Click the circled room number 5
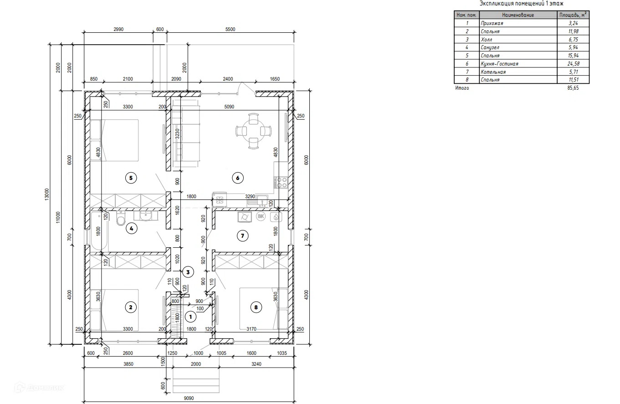coord(131,178)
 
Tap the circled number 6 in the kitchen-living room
coord(237,178)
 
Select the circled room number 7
coord(242,236)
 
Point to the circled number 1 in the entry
coord(190,317)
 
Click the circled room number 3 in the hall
coord(188,272)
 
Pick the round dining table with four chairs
coord(253,131)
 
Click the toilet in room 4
coord(121,218)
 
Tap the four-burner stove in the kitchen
coord(281,182)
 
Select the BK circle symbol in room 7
coord(261,216)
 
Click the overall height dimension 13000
coord(47,194)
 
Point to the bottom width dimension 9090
coord(189,398)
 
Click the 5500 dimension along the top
coord(231,29)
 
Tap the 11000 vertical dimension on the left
coord(58,218)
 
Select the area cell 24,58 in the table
coord(573,64)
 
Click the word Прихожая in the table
coord(492,23)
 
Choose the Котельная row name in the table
coord(493,72)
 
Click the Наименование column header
coord(518,15)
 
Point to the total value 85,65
coord(573,88)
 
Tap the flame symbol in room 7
coord(276,217)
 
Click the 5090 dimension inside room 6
coord(229,107)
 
